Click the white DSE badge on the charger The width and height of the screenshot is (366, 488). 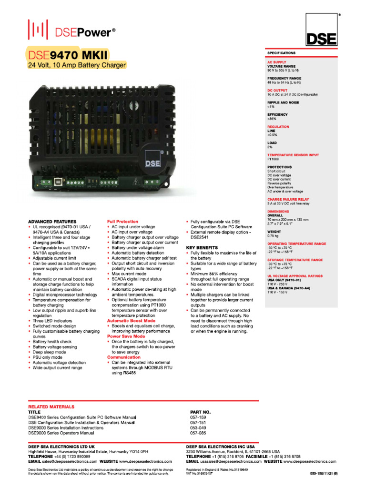pyautogui.click(x=151, y=163)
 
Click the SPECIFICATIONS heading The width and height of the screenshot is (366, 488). pyautogui.click(x=281, y=53)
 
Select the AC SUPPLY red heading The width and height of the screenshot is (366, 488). pyautogui.click(x=277, y=62)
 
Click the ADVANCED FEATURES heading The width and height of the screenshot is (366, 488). pyautogui.click(x=52, y=222)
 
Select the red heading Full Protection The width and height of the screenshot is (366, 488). pyautogui.click(x=122, y=222)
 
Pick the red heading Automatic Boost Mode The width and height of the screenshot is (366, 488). pyautogui.click(x=131, y=321)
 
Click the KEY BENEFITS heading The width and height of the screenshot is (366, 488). pyautogui.click(x=202, y=248)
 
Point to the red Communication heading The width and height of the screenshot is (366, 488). pyautogui.click(x=124, y=357)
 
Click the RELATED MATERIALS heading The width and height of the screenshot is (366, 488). pyautogui.click(x=51, y=407)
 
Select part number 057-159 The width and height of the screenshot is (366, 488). pyautogui.click(x=198, y=417)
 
